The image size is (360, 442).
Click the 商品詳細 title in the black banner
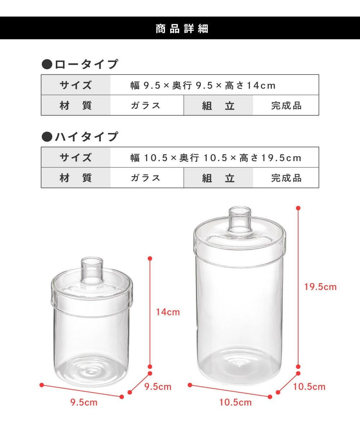pyautogui.click(x=182, y=28)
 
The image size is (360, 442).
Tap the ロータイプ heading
pyautogui.click(x=86, y=64)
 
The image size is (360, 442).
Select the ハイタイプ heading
pyautogui.click(x=86, y=137)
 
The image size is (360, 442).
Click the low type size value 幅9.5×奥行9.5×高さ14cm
pyautogui.click(x=203, y=85)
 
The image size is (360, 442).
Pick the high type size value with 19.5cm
pyautogui.click(x=216, y=158)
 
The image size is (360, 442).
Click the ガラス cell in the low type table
pyautogui.click(x=145, y=106)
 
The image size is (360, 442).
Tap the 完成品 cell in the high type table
pyautogui.click(x=286, y=178)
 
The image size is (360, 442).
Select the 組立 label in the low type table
pyautogui.click(x=218, y=106)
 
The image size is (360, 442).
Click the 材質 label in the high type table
pyautogui.click(x=76, y=178)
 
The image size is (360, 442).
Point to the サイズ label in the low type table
pyautogui.click(x=76, y=85)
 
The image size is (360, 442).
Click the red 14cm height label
pyautogui.click(x=168, y=312)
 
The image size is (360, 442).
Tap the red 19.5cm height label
pyautogui.click(x=320, y=287)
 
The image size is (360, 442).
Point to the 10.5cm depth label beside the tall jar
pyautogui.click(x=309, y=387)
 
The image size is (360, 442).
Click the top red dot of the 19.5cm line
pyautogui.click(x=298, y=208)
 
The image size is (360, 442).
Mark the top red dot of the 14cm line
pyautogui.click(x=150, y=258)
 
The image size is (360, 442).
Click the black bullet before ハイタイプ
pyautogui.click(x=47, y=137)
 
